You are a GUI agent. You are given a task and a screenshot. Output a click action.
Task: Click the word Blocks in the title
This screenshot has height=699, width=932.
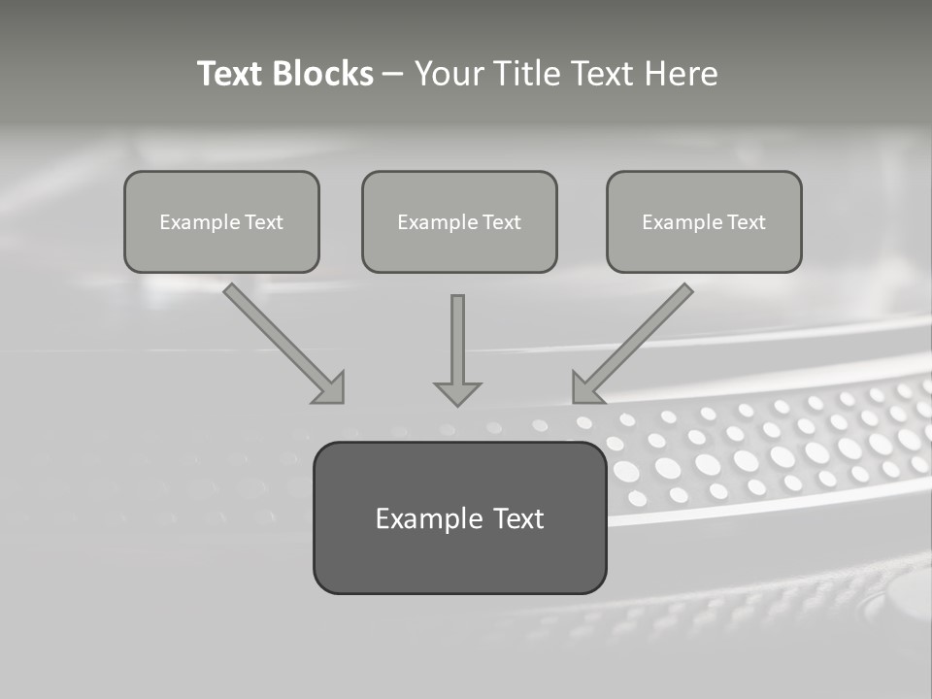click(x=324, y=74)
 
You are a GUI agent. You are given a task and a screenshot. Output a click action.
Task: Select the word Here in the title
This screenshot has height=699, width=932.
click(x=683, y=74)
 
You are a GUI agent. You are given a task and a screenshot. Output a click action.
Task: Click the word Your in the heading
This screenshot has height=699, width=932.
click(x=448, y=74)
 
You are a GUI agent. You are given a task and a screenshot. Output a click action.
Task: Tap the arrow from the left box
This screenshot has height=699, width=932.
click(x=282, y=341)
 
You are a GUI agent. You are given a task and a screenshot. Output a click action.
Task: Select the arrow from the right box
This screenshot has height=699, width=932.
click(x=635, y=341)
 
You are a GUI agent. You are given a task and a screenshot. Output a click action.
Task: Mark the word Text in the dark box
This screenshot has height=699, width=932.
click(x=519, y=518)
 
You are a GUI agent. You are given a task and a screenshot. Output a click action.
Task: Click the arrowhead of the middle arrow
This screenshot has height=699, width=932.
click(x=457, y=392)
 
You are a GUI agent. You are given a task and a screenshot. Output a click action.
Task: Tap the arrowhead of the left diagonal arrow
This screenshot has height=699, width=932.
click(x=330, y=387)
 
